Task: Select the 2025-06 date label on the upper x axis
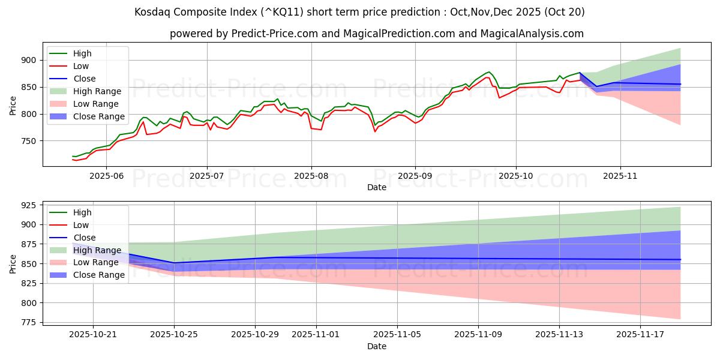click(106, 176)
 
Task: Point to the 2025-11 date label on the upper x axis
click(620, 176)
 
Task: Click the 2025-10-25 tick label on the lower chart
click(174, 335)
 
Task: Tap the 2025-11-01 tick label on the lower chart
click(316, 335)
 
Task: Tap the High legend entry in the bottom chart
click(82, 212)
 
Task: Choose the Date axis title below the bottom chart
click(377, 346)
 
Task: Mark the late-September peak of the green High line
click(488, 72)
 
